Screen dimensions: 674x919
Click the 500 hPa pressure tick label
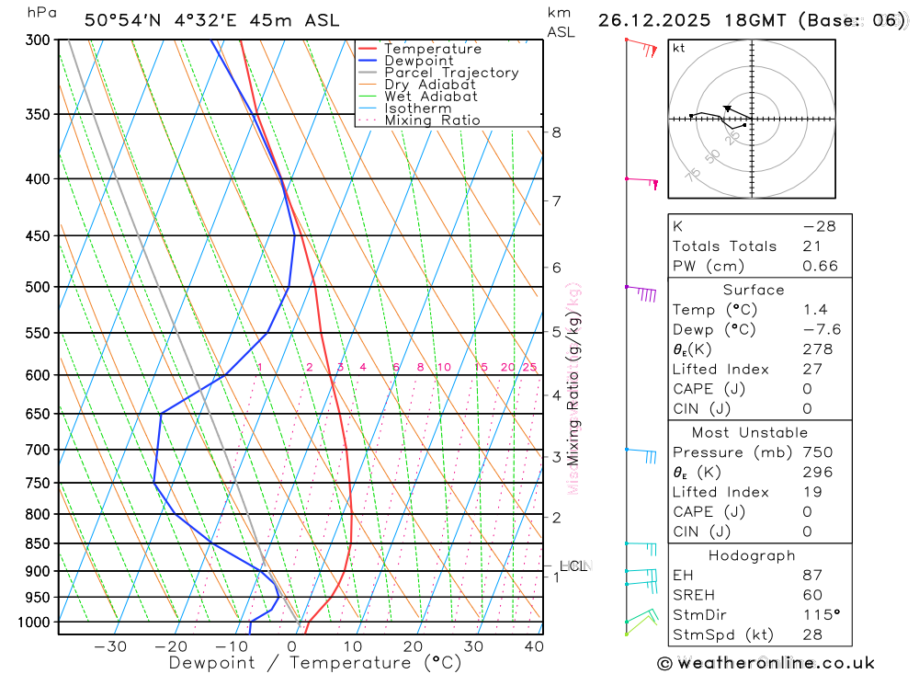coord(40,287)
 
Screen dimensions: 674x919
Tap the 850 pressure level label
coord(40,543)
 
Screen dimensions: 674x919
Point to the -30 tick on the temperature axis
coord(110,646)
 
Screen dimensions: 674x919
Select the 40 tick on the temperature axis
coord(533,646)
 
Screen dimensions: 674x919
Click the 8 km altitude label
coord(556,132)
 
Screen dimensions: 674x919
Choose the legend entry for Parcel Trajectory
coord(450,73)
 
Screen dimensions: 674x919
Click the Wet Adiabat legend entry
coord(430,97)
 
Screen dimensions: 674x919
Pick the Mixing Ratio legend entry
coord(432,120)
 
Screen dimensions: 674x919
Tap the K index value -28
coord(819,226)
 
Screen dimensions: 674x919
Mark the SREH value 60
coord(812,595)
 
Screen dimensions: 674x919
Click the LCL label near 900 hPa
coord(573,566)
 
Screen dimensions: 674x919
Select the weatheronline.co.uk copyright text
coord(766,663)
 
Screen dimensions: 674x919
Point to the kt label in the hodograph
coord(679,48)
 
